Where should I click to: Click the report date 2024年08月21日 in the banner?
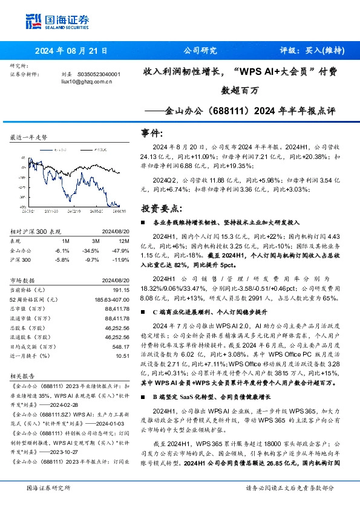(x=70, y=51)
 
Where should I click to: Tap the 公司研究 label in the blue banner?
(x=199, y=51)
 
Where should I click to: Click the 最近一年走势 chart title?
(x=29, y=137)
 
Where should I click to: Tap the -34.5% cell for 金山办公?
(x=90, y=250)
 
